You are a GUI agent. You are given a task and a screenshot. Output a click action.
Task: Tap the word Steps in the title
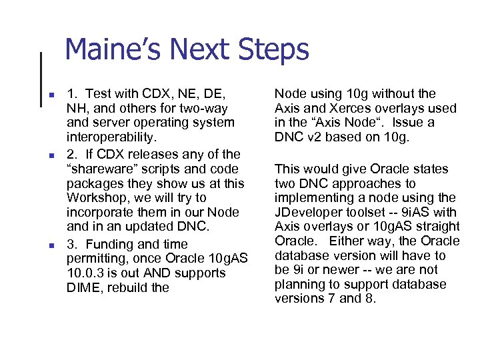273,51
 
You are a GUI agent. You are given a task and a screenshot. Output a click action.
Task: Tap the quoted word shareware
101,169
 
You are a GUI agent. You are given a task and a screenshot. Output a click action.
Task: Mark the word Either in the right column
349,241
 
